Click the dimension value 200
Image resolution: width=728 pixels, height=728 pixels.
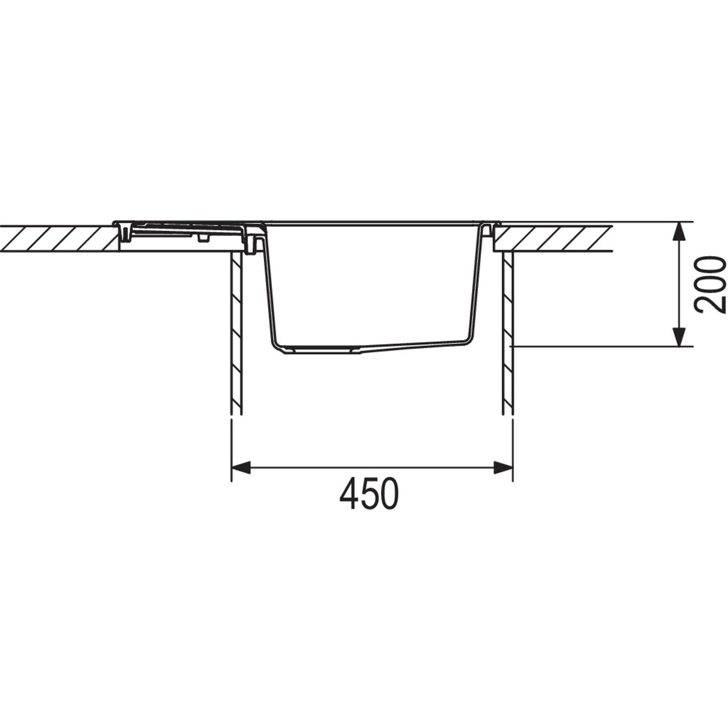tap(710, 284)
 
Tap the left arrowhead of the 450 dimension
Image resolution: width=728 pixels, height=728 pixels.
tap(241, 467)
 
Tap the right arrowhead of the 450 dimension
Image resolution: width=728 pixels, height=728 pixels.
tap(504, 467)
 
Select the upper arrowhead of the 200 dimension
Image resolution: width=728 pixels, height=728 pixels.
tap(679, 232)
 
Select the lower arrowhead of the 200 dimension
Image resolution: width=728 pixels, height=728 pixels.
tap(679, 337)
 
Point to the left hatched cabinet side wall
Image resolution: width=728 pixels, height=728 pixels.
tap(237, 334)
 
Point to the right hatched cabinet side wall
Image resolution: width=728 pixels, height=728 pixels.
tap(508, 334)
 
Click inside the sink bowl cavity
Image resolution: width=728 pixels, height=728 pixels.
tap(373, 285)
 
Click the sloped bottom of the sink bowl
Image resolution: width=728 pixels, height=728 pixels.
tap(413, 345)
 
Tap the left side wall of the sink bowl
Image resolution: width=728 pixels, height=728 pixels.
tap(271, 291)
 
